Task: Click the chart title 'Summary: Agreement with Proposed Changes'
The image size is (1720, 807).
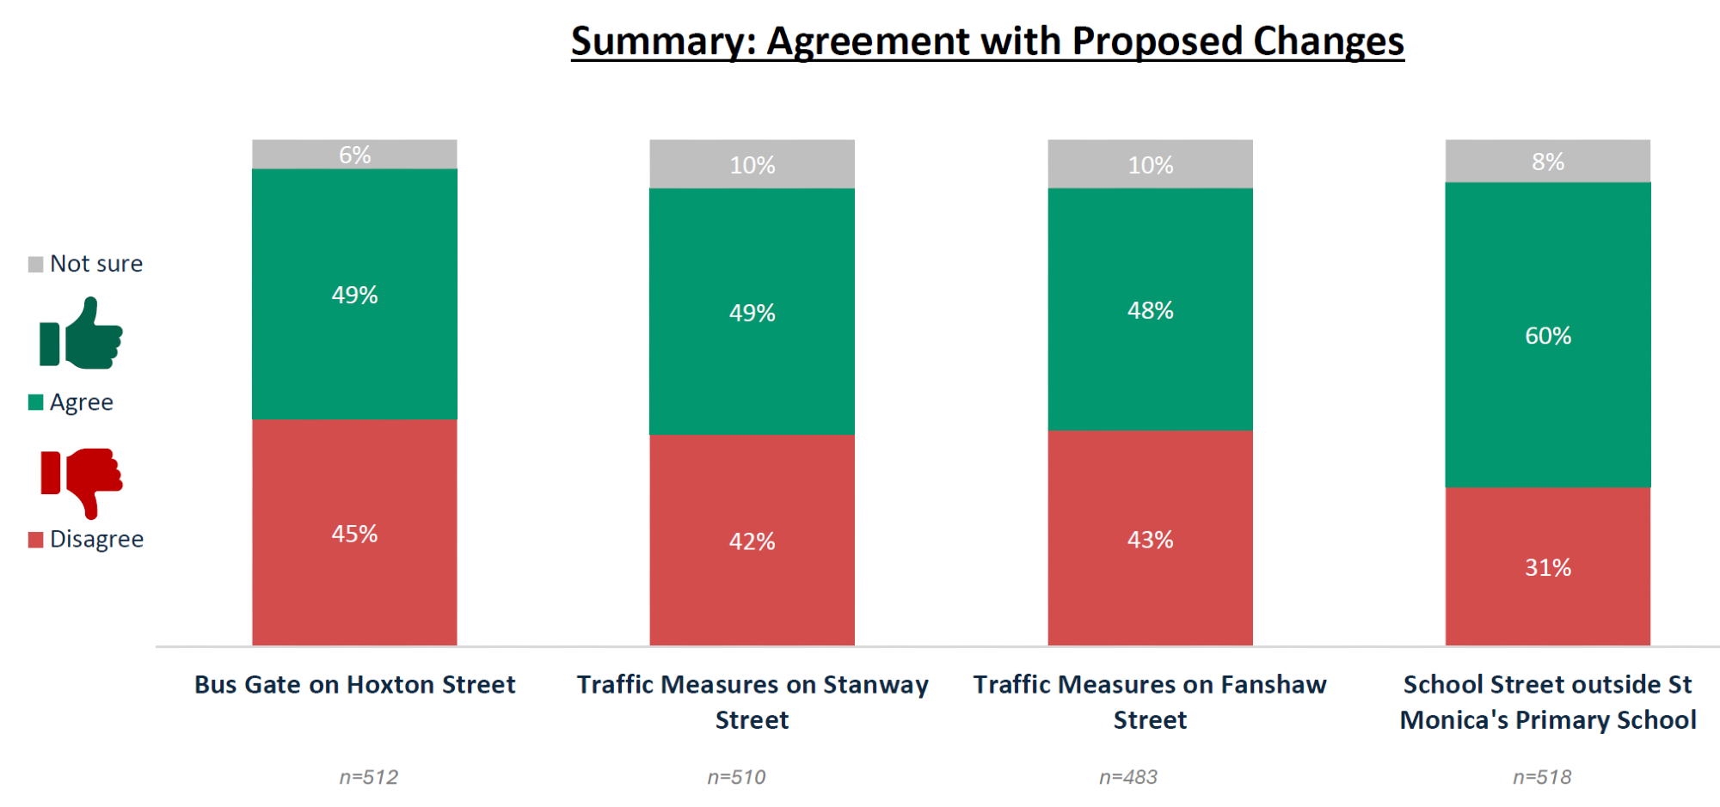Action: [987, 41]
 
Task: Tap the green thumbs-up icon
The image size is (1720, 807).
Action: [82, 335]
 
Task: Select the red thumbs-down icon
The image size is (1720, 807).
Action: [82, 481]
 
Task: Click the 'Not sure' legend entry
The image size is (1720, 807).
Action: [86, 264]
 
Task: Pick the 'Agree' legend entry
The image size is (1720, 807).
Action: [71, 402]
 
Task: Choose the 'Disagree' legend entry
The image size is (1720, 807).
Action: [86, 540]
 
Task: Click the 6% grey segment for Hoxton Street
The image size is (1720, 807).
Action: [354, 155]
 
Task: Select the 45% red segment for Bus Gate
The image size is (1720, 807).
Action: [354, 534]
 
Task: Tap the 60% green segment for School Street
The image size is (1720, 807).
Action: [1548, 335]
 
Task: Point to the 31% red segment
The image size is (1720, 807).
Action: [1548, 567]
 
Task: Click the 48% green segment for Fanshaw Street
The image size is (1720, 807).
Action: [1150, 310]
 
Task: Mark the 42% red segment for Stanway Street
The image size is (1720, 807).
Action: [752, 541]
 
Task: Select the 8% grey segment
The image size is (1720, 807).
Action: [1548, 162]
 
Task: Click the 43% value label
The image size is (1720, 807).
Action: [1150, 540]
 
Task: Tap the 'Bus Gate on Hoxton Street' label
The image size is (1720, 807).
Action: [354, 685]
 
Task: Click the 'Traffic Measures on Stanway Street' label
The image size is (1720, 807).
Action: [752, 701]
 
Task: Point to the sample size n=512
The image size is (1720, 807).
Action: [368, 777]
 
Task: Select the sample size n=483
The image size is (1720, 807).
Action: [1127, 777]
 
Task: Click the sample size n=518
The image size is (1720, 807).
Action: [1541, 777]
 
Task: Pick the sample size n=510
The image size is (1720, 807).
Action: [736, 777]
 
